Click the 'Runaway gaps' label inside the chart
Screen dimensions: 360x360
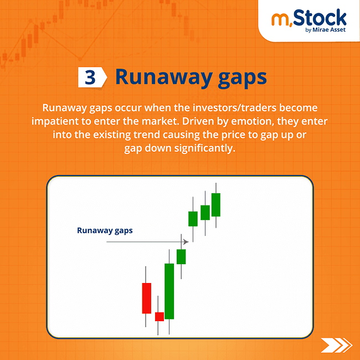105,230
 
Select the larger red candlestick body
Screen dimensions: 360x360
147,298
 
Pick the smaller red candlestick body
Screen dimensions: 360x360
159,316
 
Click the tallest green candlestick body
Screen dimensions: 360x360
169,291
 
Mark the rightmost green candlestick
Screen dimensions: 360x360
216,205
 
